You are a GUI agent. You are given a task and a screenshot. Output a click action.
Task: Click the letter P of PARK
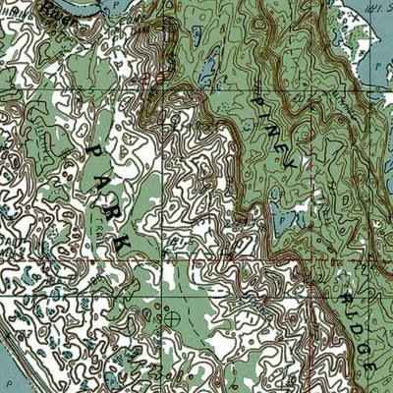click(x=94, y=148)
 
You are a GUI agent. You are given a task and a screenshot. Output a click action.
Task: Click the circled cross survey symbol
click(x=175, y=318)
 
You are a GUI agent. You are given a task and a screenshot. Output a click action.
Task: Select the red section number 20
click(x=147, y=75)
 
